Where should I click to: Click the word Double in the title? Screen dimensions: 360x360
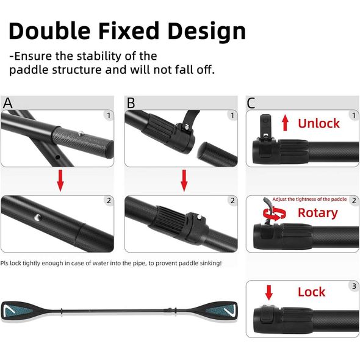pos(49,31)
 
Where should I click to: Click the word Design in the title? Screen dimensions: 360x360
pos(207,32)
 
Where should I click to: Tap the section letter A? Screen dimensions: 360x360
pos(7,103)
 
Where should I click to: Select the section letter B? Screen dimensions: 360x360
pos(131,103)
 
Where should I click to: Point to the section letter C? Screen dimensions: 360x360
pos(251,103)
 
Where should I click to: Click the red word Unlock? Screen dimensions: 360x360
pos(319,123)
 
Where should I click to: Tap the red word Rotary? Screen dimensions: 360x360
pos(318,213)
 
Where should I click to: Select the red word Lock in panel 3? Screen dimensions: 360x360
pos(311,292)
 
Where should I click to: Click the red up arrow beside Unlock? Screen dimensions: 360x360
pos(285,123)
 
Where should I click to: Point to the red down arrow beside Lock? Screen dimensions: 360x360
pos(269,292)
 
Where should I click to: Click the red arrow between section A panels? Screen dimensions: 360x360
pos(60,181)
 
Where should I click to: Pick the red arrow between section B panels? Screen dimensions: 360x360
pos(184,181)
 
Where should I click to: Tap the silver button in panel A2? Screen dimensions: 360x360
pos(37,217)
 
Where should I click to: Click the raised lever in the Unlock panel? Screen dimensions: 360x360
pos(265,124)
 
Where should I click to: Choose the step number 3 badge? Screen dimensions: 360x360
pos(354,286)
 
